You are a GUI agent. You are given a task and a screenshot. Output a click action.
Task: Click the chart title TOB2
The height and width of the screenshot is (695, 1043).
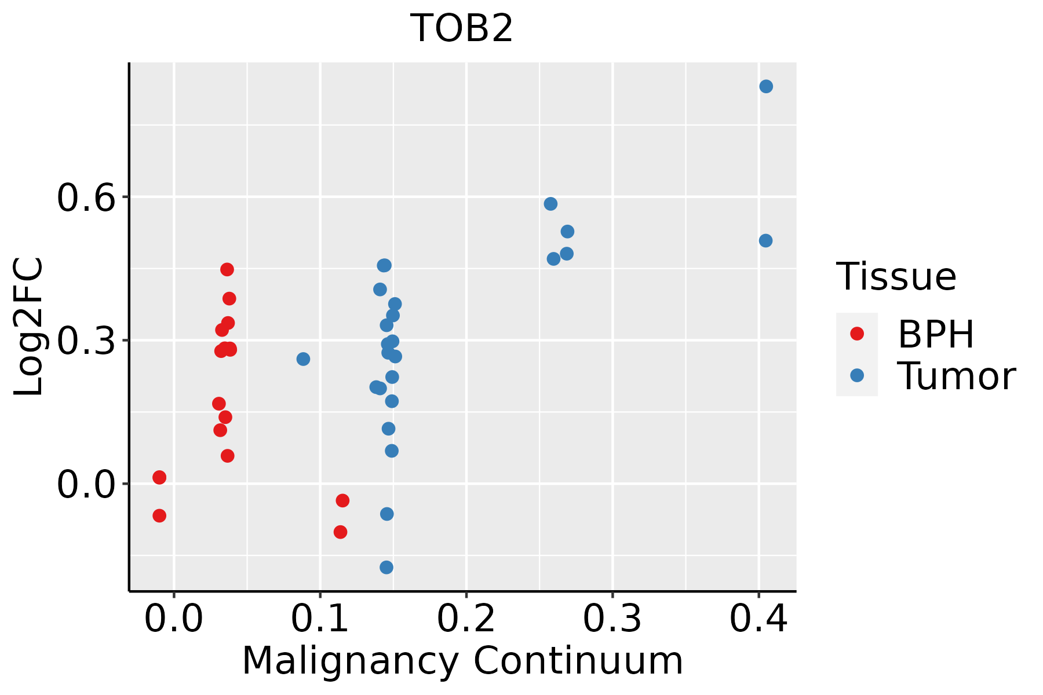tap(462, 28)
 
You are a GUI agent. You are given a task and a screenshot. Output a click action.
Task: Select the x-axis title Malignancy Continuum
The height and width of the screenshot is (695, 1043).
tap(462, 661)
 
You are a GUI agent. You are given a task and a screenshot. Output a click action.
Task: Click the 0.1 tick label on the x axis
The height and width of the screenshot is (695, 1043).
tap(320, 619)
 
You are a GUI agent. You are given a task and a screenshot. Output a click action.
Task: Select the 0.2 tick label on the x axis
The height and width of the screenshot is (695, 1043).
tap(466, 619)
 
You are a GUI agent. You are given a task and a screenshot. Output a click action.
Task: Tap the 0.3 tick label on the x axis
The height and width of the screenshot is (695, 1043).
tap(612, 619)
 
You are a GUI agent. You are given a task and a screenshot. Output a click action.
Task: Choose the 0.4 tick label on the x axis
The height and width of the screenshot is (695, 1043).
tap(758, 619)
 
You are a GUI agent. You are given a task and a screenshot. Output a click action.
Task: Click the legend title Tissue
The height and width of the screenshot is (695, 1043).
tap(896, 277)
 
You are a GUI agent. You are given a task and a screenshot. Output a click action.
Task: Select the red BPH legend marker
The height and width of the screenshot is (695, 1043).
tap(856, 333)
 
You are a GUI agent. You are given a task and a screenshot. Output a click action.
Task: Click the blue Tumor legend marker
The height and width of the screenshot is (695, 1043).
tap(856, 375)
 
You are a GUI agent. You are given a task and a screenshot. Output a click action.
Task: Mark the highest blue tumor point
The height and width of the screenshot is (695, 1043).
tap(766, 86)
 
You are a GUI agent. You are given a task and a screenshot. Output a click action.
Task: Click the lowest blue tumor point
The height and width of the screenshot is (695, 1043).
tap(386, 567)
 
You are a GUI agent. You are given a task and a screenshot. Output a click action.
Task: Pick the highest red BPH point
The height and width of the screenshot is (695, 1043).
tap(227, 269)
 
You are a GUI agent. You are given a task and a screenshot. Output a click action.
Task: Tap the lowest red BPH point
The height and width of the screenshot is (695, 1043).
tap(341, 532)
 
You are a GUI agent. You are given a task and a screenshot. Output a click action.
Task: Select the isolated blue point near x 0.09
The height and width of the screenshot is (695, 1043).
tap(303, 359)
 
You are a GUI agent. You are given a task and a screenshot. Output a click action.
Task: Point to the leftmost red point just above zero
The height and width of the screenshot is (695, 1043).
tap(159, 477)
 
